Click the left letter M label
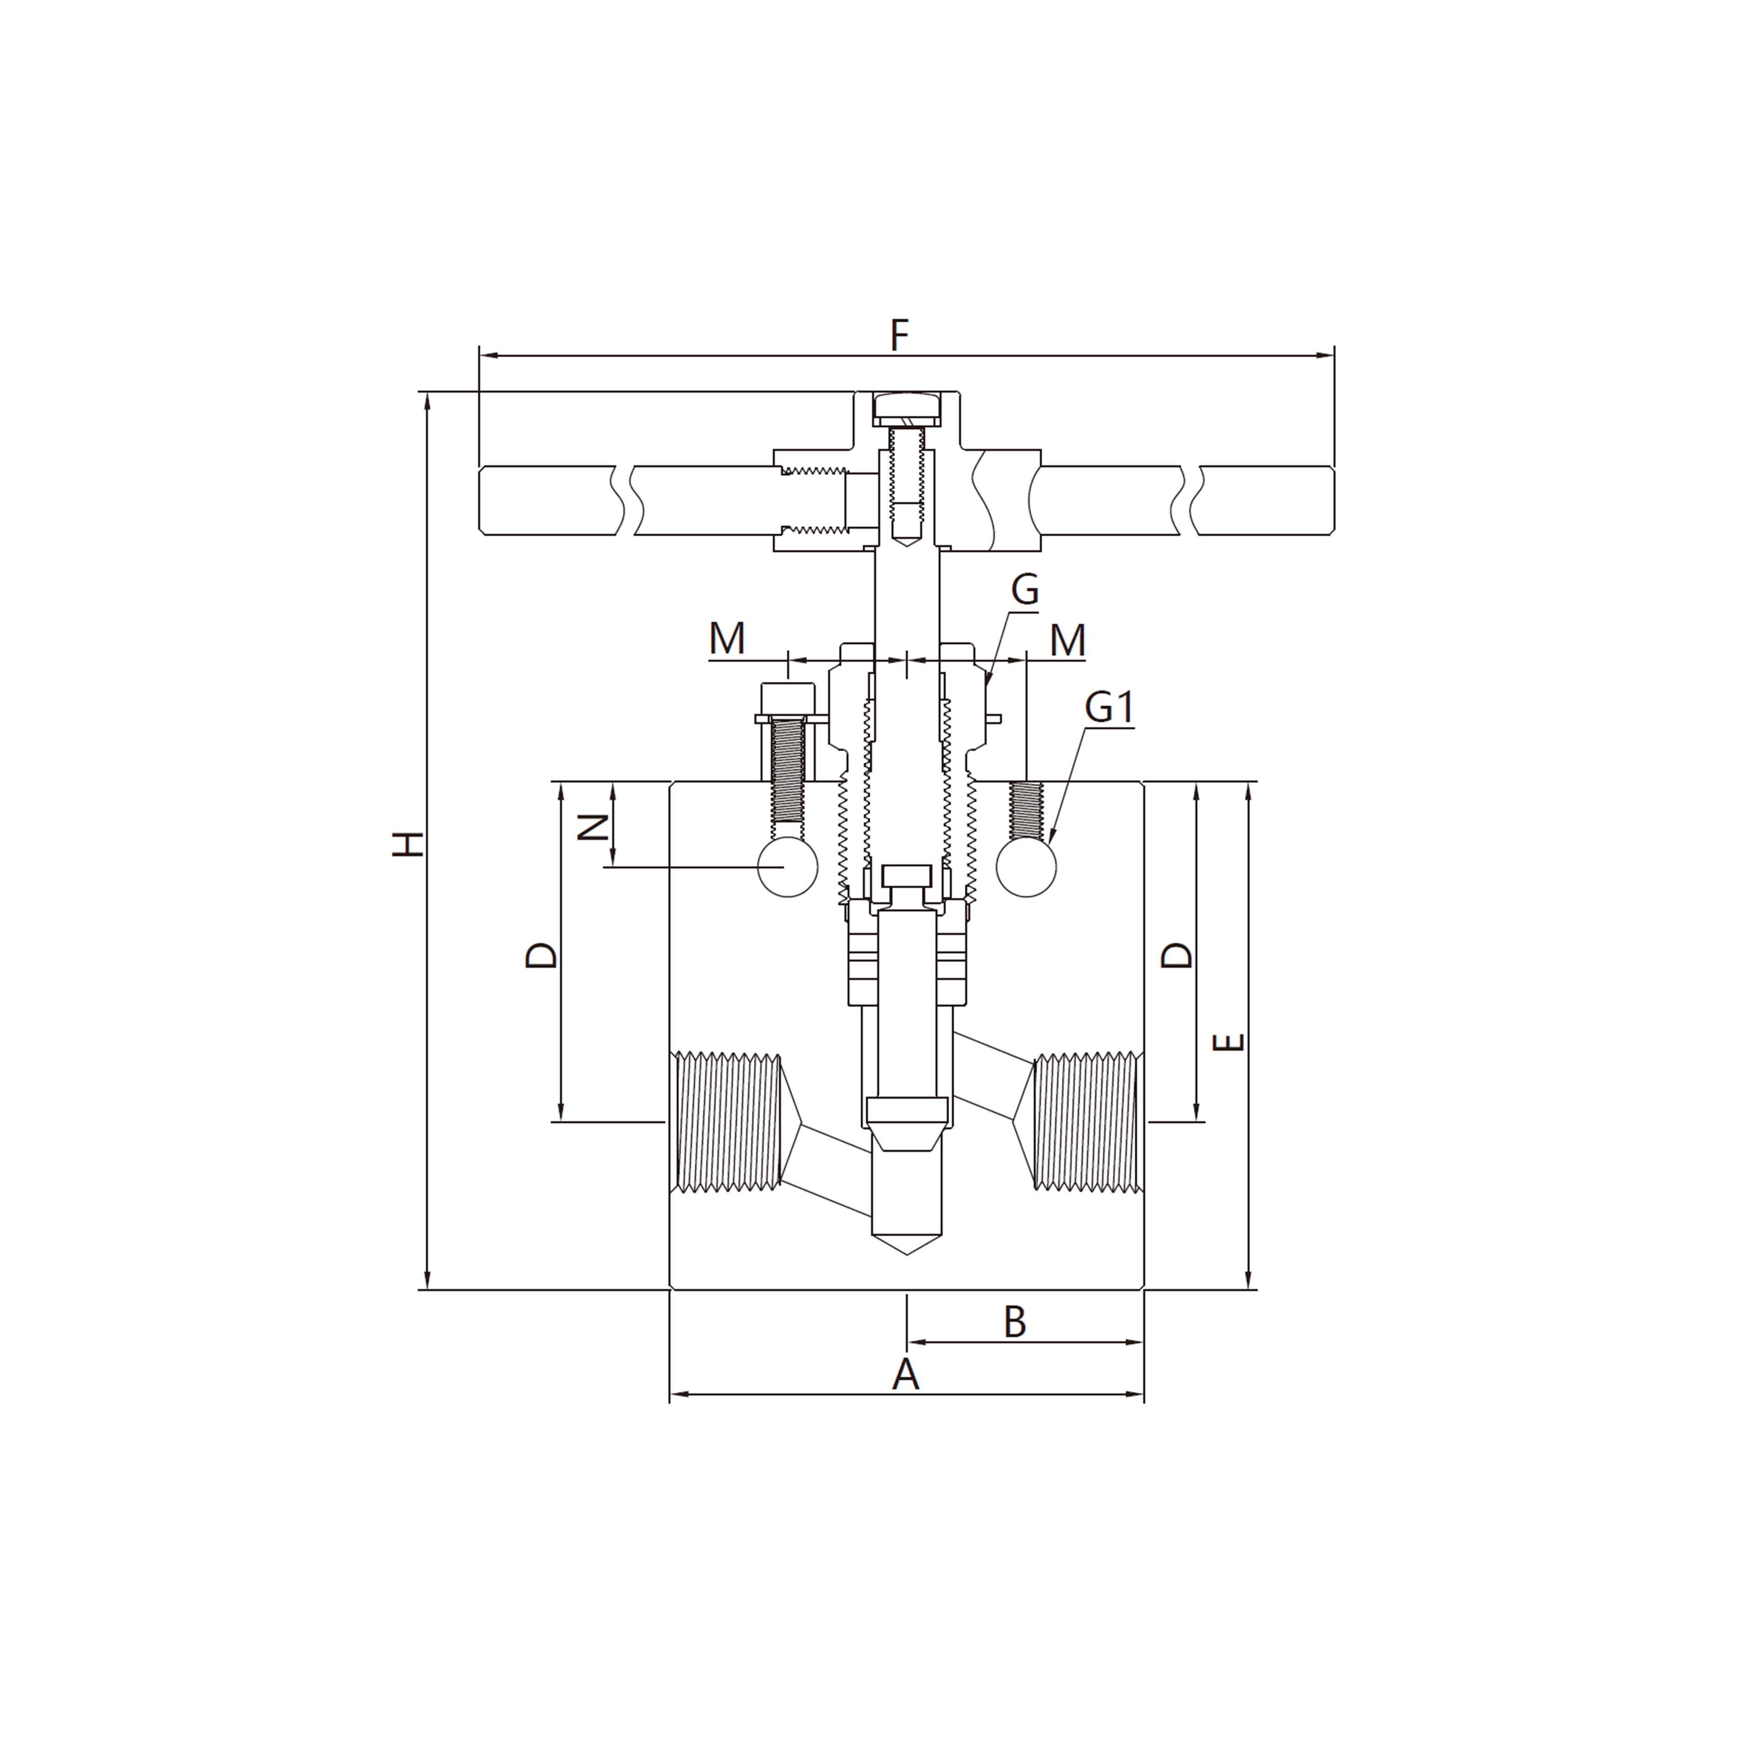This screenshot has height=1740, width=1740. pos(727,639)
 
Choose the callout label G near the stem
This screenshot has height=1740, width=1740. pos(1025,590)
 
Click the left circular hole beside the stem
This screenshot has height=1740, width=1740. pos(787,867)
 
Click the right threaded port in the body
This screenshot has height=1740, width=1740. pos(1085,1121)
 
